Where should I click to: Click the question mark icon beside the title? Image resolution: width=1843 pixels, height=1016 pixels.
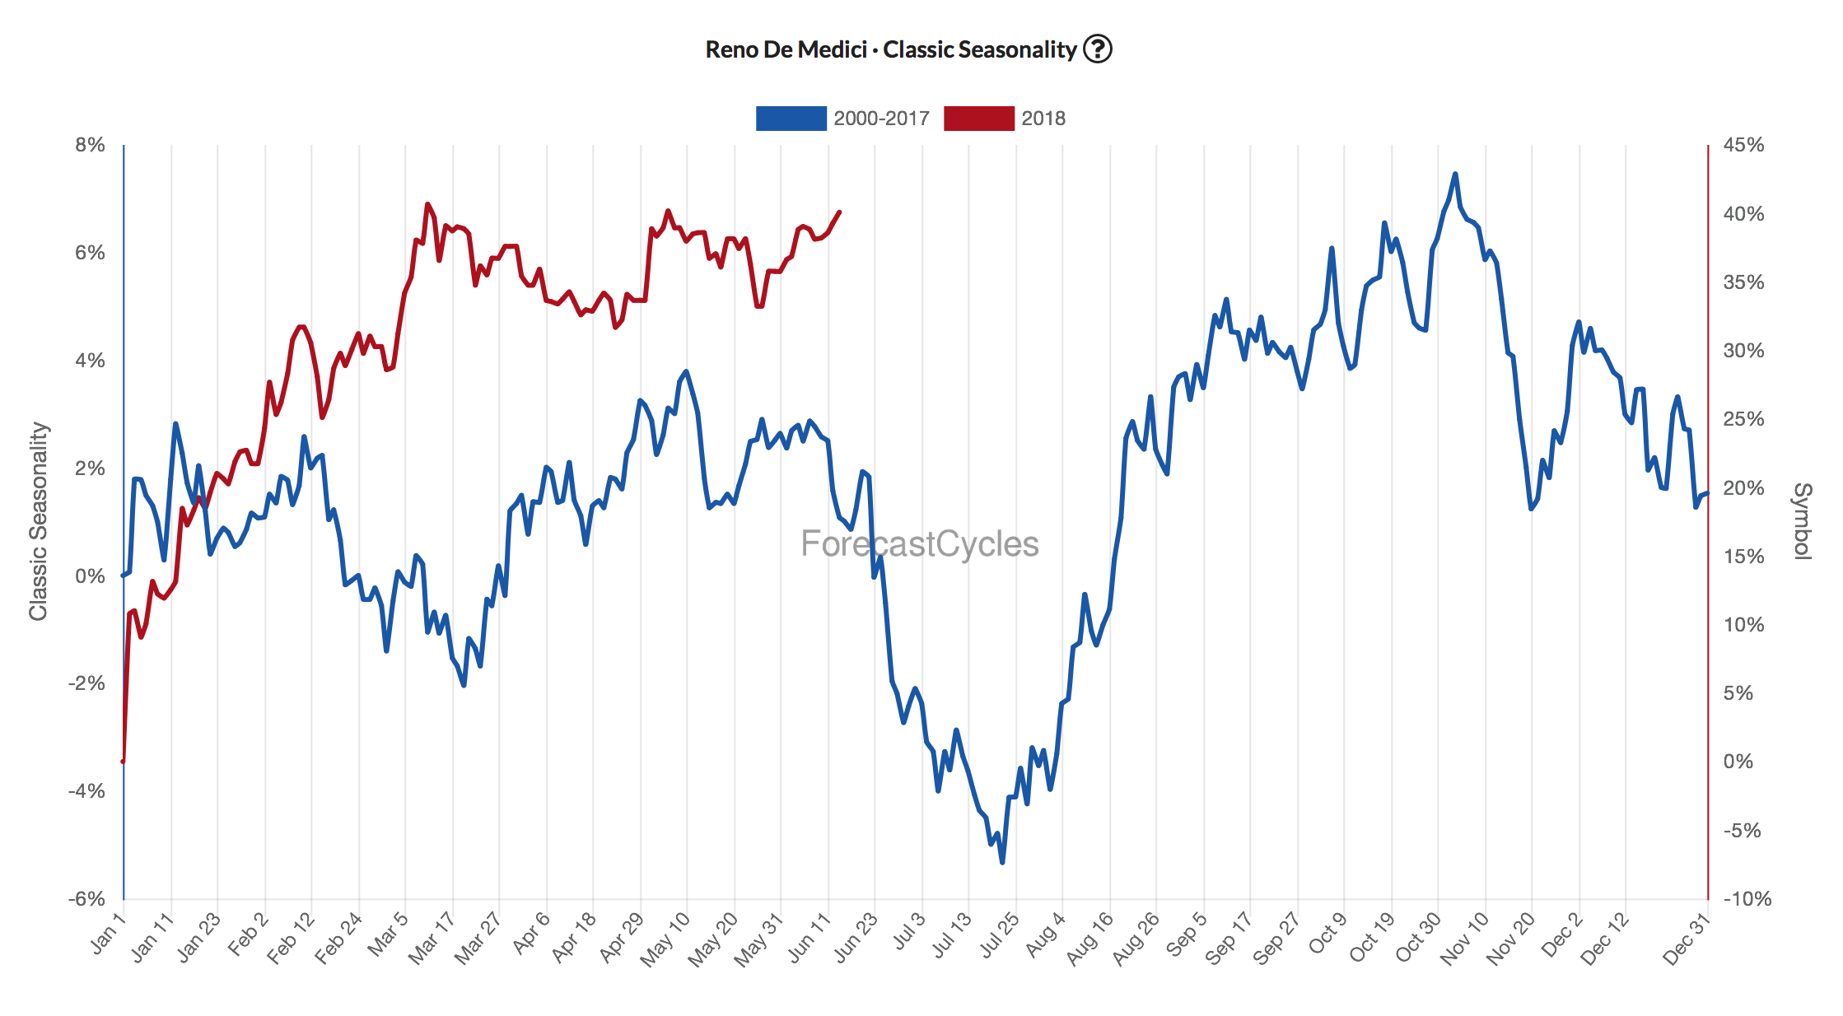pos(1097,49)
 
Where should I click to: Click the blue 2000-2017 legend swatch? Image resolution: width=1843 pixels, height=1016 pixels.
pos(791,119)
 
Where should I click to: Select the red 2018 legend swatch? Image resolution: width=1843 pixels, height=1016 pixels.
pos(978,119)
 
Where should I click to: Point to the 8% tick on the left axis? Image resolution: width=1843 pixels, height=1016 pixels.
pos(90,145)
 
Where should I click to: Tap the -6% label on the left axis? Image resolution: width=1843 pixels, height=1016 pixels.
pos(87,898)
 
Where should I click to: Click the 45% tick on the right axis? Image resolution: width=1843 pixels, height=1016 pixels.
pos(1743,145)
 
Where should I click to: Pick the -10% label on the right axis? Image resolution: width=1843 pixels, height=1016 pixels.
pos(1747,898)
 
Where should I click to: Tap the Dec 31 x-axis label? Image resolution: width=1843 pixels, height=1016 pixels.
pos(1685,940)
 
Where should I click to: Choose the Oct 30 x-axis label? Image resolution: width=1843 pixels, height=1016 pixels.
pos(1418,938)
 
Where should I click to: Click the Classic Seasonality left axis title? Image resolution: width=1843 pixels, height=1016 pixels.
pos(39,521)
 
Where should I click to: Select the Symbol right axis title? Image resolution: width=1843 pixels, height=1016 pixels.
pos(1803,521)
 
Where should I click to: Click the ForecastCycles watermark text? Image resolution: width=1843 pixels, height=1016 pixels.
pos(919,544)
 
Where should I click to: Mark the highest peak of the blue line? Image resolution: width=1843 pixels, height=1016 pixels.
pos(1455,174)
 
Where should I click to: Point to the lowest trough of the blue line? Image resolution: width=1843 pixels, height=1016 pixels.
pos(1002,862)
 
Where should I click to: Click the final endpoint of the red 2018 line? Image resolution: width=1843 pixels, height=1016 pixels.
pos(839,212)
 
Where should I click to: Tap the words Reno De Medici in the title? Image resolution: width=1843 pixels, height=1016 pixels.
pos(786,50)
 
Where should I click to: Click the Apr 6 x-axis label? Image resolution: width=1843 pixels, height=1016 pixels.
pos(531,934)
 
